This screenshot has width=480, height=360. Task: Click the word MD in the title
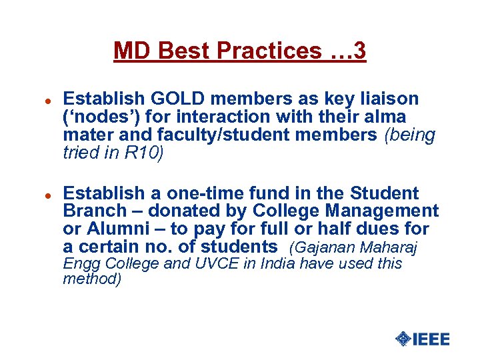129,51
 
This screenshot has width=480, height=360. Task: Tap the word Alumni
115,230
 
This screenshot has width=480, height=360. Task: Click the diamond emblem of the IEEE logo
403,339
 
